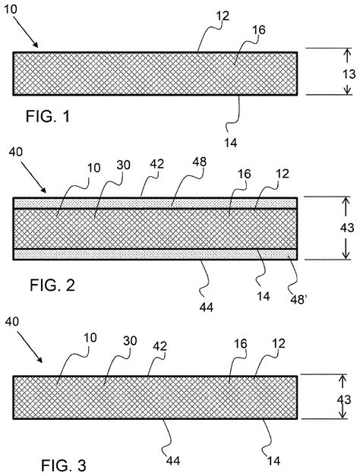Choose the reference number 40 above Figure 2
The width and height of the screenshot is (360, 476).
tap(17, 153)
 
